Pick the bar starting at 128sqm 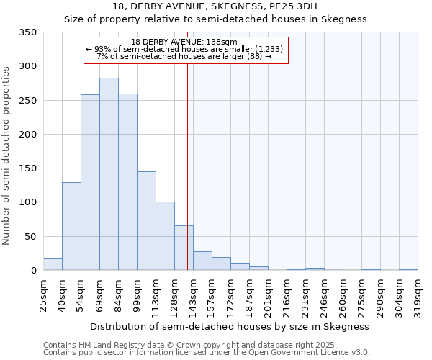pos(184,248)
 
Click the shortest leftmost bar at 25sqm pos(53,264)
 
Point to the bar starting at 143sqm pos(202,261)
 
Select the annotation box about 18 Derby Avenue pos(186,50)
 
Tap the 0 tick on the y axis pos(33,271)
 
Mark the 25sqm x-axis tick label pos(44,294)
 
